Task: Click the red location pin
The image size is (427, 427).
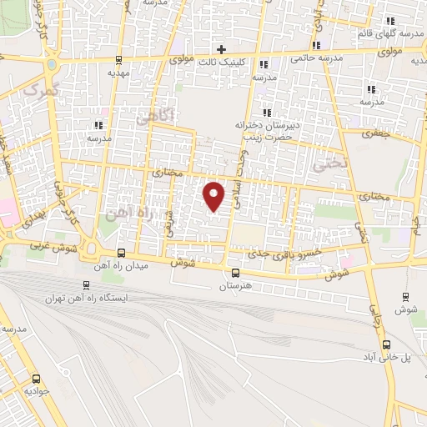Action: click(x=215, y=196)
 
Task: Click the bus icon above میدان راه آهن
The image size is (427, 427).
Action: click(x=121, y=253)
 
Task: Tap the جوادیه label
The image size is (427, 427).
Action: click(x=38, y=390)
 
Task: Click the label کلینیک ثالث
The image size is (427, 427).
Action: click(x=223, y=61)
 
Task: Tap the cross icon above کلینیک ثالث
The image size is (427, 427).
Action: click(x=222, y=49)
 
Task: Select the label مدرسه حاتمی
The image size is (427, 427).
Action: click(x=317, y=59)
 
